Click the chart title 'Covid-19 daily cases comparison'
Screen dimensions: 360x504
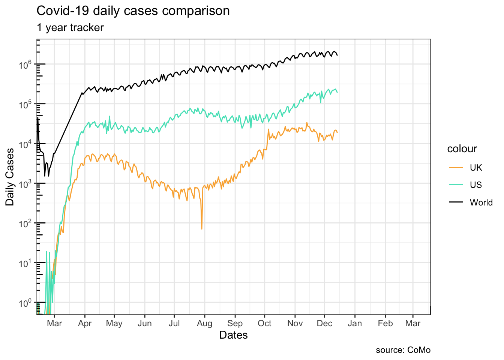133,11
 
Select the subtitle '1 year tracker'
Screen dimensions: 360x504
70,28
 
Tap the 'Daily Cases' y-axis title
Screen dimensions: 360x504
10,177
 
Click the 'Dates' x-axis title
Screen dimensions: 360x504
233,335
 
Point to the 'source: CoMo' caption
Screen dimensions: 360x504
403,350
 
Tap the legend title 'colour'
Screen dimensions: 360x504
462,149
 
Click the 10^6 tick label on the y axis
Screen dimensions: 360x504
25,64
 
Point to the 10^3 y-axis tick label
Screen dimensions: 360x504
25,184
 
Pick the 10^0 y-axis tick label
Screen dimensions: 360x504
25,303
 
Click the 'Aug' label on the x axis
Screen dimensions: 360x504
204,323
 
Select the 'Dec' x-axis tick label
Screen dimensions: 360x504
324,323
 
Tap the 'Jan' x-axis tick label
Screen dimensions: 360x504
355,323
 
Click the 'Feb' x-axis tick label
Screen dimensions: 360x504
385,323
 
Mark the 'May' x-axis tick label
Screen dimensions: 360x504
114,323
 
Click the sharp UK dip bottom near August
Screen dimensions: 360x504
202,229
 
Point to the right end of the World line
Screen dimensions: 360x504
337,55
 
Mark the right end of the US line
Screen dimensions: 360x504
337,92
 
